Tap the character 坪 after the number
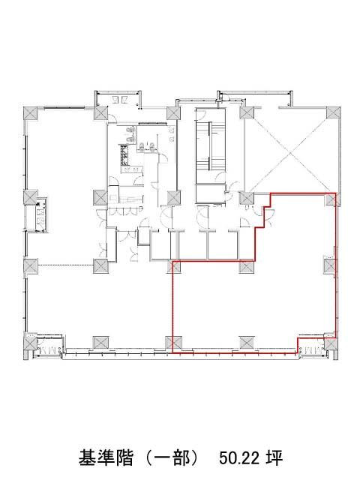(x=274, y=458)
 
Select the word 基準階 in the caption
(x=106, y=458)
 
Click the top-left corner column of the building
(x=31, y=113)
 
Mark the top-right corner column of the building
(x=333, y=113)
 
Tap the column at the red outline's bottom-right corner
(x=331, y=343)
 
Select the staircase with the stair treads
(x=211, y=146)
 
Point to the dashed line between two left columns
(x=65, y=265)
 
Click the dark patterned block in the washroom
(x=125, y=155)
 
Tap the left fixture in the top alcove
(x=115, y=99)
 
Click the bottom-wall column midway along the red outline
(x=247, y=343)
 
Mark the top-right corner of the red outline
(x=336, y=193)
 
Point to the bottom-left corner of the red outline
(x=173, y=352)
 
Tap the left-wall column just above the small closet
(x=31, y=196)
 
